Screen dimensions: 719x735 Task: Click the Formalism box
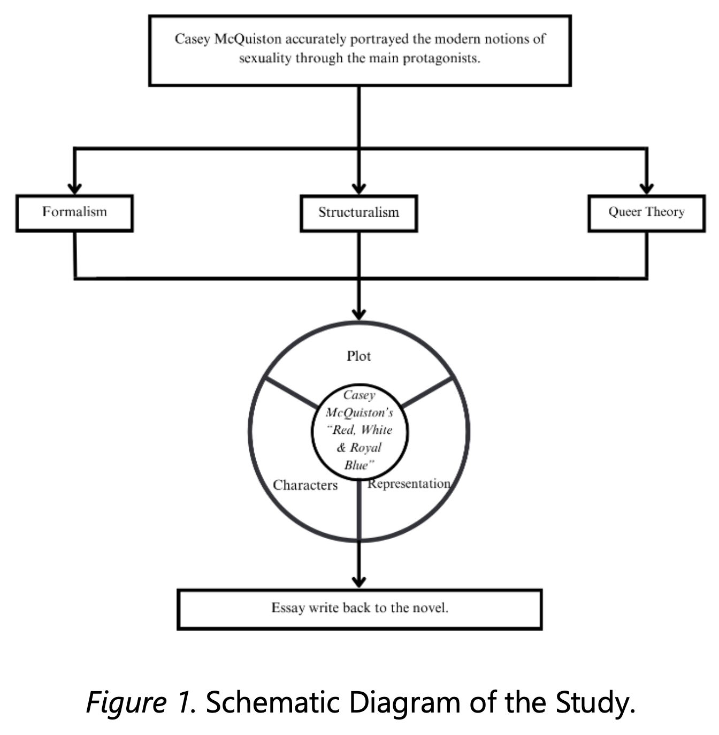coord(74,213)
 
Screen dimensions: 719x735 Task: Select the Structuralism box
coord(359,213)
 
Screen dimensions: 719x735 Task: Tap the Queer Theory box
coord(646,213)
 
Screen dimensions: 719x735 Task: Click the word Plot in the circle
coord(359,356)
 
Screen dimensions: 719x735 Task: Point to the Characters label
coord(305,485)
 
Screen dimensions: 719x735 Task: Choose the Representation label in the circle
coord(409,484)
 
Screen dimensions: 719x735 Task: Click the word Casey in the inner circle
coord(359,395)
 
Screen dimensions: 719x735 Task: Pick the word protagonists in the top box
coord(441,58)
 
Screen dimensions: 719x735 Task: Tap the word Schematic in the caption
coord(273,702)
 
